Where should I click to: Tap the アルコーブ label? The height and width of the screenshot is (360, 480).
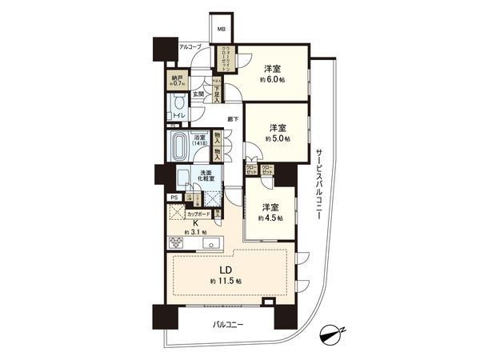[190, 47]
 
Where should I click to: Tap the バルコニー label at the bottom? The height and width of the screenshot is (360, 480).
[228, 325]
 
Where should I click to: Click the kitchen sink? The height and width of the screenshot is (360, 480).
[210, 243]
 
